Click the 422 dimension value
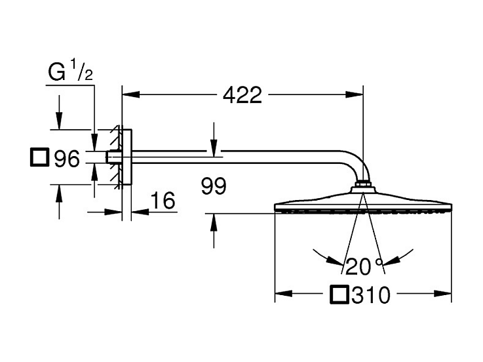click(242, 95)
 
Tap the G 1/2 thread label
click(71, 71)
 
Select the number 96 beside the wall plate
click(67, 159)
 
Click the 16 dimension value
click(163, 201)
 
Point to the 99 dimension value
click(214, 186)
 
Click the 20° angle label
click(364, 266)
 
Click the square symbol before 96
click(40, 157)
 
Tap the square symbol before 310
click(339, 294)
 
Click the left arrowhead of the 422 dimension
click(131, 94)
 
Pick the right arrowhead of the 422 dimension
click(355, 94)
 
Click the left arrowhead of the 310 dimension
click(283, 293)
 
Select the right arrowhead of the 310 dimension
click(442, 293)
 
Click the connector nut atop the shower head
click(363, 186)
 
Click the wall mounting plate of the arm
click(127, 157)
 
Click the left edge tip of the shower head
click(275, 207)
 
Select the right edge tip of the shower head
click(452, 207)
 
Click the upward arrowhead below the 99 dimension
click(214, 222)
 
